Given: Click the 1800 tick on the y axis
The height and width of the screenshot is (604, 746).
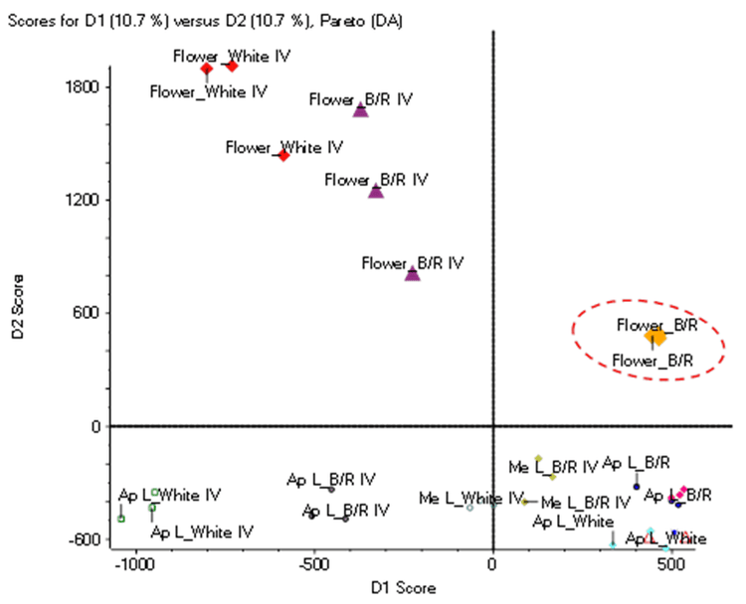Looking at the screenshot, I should [x=84, y=86].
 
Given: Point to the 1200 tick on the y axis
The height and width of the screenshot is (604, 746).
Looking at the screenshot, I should [x=84, y=200].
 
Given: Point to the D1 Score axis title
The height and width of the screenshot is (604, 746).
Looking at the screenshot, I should [x=403, y=587].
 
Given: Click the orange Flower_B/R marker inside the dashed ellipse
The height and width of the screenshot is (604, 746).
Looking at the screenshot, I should [x=656, y=338].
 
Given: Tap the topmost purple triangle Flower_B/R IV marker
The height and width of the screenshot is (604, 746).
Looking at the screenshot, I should [x=361, y=110].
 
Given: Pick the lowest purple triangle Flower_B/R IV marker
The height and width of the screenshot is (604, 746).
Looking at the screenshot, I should [x=413, y=273].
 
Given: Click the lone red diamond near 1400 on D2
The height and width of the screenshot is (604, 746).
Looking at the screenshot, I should [x=283, y=155].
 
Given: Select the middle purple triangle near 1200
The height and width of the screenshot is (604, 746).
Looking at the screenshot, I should [x=376, y=191].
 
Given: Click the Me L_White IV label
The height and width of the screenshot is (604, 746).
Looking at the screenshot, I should [x=470, y=497].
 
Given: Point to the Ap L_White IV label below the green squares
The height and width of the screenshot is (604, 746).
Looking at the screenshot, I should [x=202, y=531].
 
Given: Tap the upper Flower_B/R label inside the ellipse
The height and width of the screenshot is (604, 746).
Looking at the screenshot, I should [x=653, y=325].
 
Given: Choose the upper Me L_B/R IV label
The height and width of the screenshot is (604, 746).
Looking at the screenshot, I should [x=553, y=466].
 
